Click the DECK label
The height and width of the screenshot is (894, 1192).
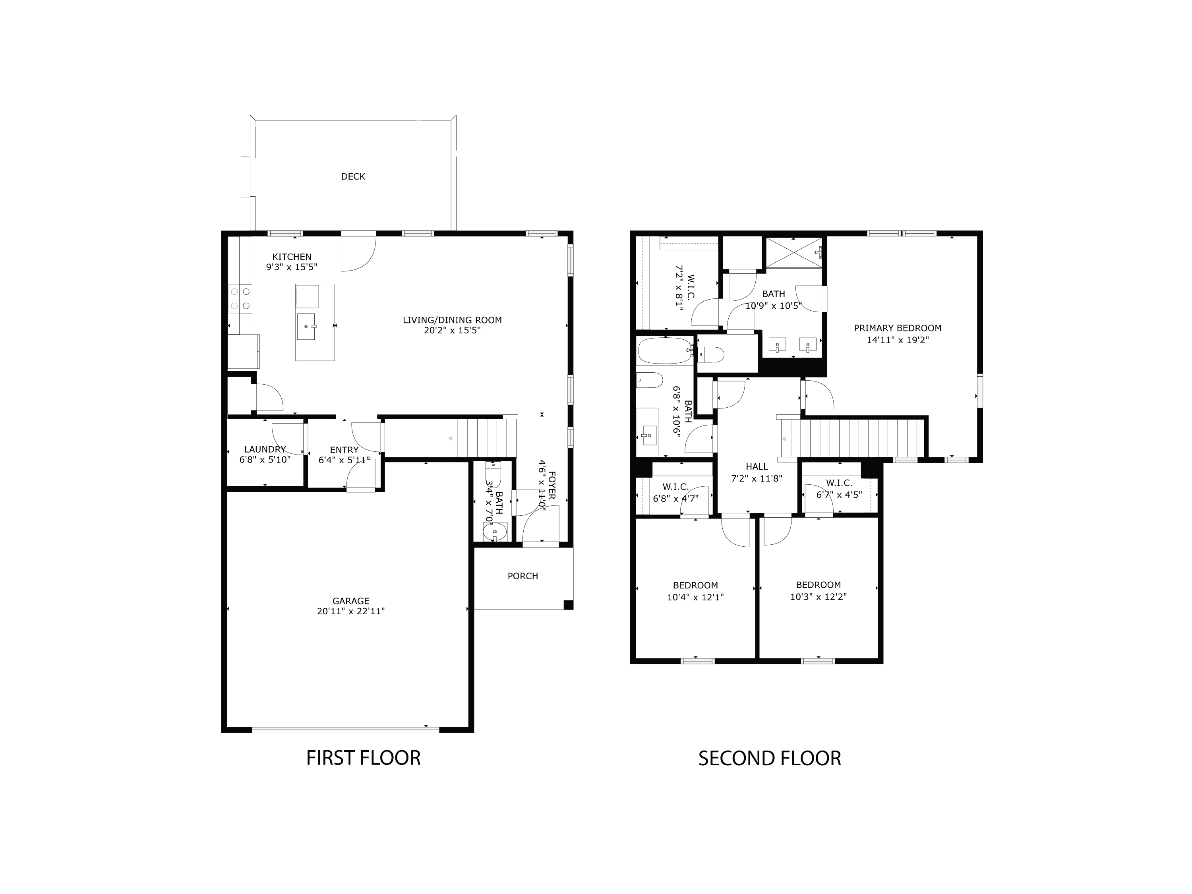353,177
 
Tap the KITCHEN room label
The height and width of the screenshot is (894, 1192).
292,257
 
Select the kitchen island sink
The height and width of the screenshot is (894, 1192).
306,327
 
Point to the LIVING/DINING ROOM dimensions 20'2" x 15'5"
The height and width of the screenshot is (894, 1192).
452,330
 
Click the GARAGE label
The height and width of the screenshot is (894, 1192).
351,601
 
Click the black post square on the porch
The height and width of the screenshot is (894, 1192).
568,605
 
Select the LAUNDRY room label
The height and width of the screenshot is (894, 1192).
265,449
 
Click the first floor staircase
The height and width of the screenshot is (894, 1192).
482,437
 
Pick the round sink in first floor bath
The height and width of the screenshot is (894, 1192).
495,532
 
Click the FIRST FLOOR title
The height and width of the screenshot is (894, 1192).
363,758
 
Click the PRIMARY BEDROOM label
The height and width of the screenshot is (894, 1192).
897,328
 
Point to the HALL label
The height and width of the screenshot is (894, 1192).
757,467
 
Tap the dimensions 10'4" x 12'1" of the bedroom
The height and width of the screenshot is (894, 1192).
695,597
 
